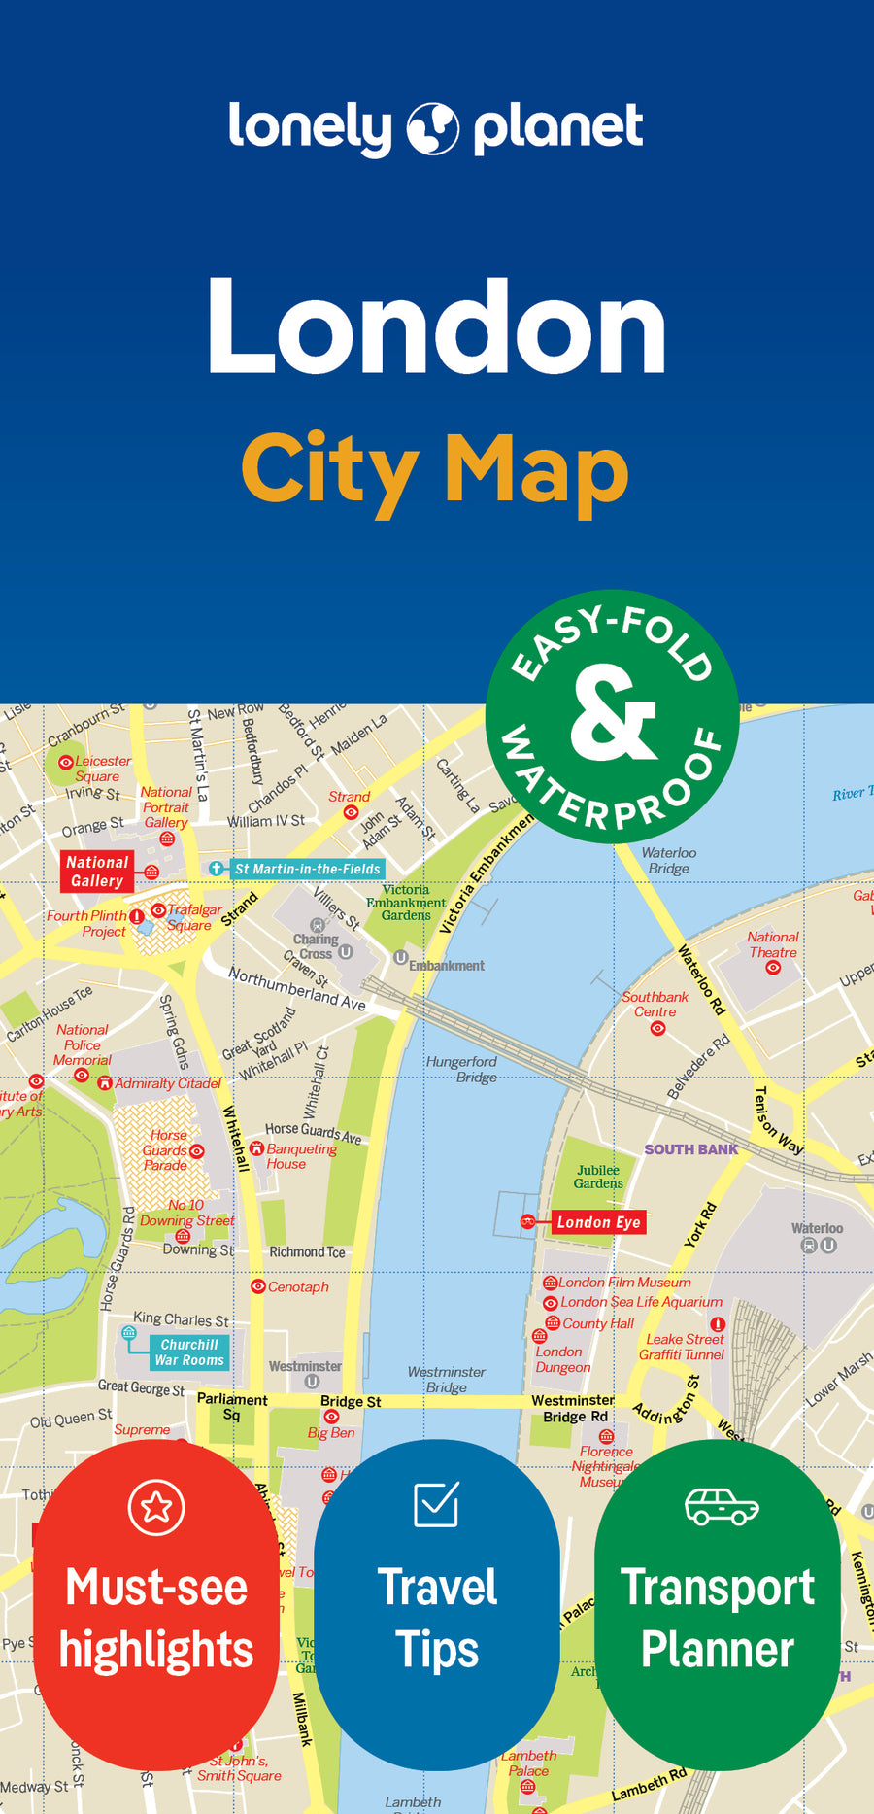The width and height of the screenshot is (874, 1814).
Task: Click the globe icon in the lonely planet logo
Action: [432, 128]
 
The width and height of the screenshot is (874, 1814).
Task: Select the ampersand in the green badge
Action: [613, 713]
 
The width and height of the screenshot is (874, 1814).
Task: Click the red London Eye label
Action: [598, 1222]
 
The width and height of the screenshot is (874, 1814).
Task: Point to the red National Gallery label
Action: [97, 872]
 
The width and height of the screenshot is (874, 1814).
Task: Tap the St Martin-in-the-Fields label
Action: [307, 869]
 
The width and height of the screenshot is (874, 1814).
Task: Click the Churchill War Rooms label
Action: [189, 1352]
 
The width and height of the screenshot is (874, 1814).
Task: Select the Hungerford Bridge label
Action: [462, 1069]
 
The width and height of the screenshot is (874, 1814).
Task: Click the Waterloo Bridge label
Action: [669, 860]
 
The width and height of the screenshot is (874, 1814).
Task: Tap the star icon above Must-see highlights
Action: [156, 1507]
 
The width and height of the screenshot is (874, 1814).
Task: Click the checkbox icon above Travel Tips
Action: [436, 1504]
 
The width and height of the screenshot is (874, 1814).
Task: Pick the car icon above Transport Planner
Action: [721, 1506]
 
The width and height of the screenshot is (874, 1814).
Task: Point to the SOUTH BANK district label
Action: [690, 1149]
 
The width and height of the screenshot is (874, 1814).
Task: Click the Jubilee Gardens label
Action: [598, 1177]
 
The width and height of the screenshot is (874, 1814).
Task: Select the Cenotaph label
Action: [298, 1286]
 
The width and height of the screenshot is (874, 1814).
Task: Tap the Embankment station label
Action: [446, 965]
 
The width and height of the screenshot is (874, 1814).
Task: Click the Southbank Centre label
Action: [655, 1004]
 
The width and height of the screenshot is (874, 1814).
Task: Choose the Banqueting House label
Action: [301, 1155]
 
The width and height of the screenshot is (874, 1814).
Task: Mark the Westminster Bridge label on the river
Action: [446, 1379]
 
